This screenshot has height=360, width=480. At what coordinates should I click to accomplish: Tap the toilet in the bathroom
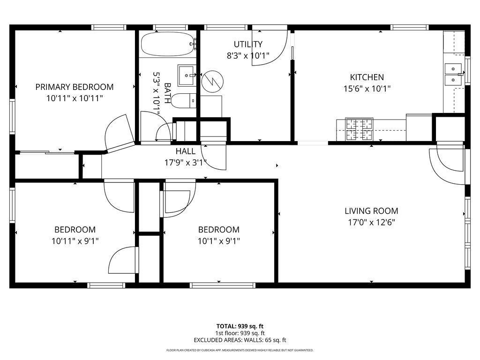pos(183,100)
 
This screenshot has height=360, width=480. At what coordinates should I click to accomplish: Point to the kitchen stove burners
pos(359,130)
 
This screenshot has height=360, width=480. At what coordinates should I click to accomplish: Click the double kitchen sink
pos(453,74)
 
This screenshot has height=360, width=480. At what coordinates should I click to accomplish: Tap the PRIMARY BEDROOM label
pos(75,87)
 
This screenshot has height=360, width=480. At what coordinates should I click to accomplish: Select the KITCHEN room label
pos(367,77)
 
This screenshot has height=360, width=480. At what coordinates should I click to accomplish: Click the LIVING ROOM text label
pos(371,211)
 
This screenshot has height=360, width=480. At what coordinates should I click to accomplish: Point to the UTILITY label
pos(248,45)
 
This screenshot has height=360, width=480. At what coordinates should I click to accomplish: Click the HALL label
pos(185,151)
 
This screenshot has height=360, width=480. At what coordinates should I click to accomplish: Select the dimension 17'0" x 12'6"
pos(371,223)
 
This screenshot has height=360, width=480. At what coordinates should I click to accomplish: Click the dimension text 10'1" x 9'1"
pos(218,241)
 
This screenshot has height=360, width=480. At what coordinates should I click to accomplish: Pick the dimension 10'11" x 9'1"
pos(75,241)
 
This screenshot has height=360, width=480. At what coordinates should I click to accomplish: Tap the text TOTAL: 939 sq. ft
pos(240,326)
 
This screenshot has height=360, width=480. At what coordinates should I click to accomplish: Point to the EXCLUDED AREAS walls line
pos(240,340)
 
